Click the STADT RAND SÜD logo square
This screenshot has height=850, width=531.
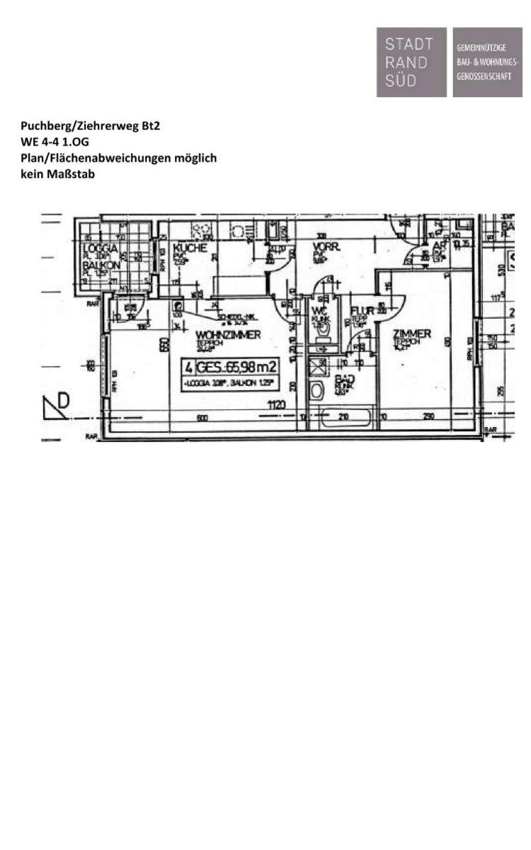coord(411,62)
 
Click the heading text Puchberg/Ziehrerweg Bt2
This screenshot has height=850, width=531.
coord(91,127)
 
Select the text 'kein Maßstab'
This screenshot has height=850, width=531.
coord(57,174)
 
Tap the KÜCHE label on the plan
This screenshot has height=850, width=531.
coord(189,248)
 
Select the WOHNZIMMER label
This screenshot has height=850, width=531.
coord(228,334)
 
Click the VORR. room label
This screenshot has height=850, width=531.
coord(326,248)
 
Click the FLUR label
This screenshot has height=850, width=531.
coord(361,310)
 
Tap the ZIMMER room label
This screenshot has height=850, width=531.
coord(412,334)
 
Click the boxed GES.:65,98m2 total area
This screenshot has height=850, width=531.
coord(229,366)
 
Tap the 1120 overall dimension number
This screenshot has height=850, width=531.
coord(276,404)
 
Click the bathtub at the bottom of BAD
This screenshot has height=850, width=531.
coord(345,418)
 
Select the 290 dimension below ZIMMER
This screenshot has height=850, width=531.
coord(428,418)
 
